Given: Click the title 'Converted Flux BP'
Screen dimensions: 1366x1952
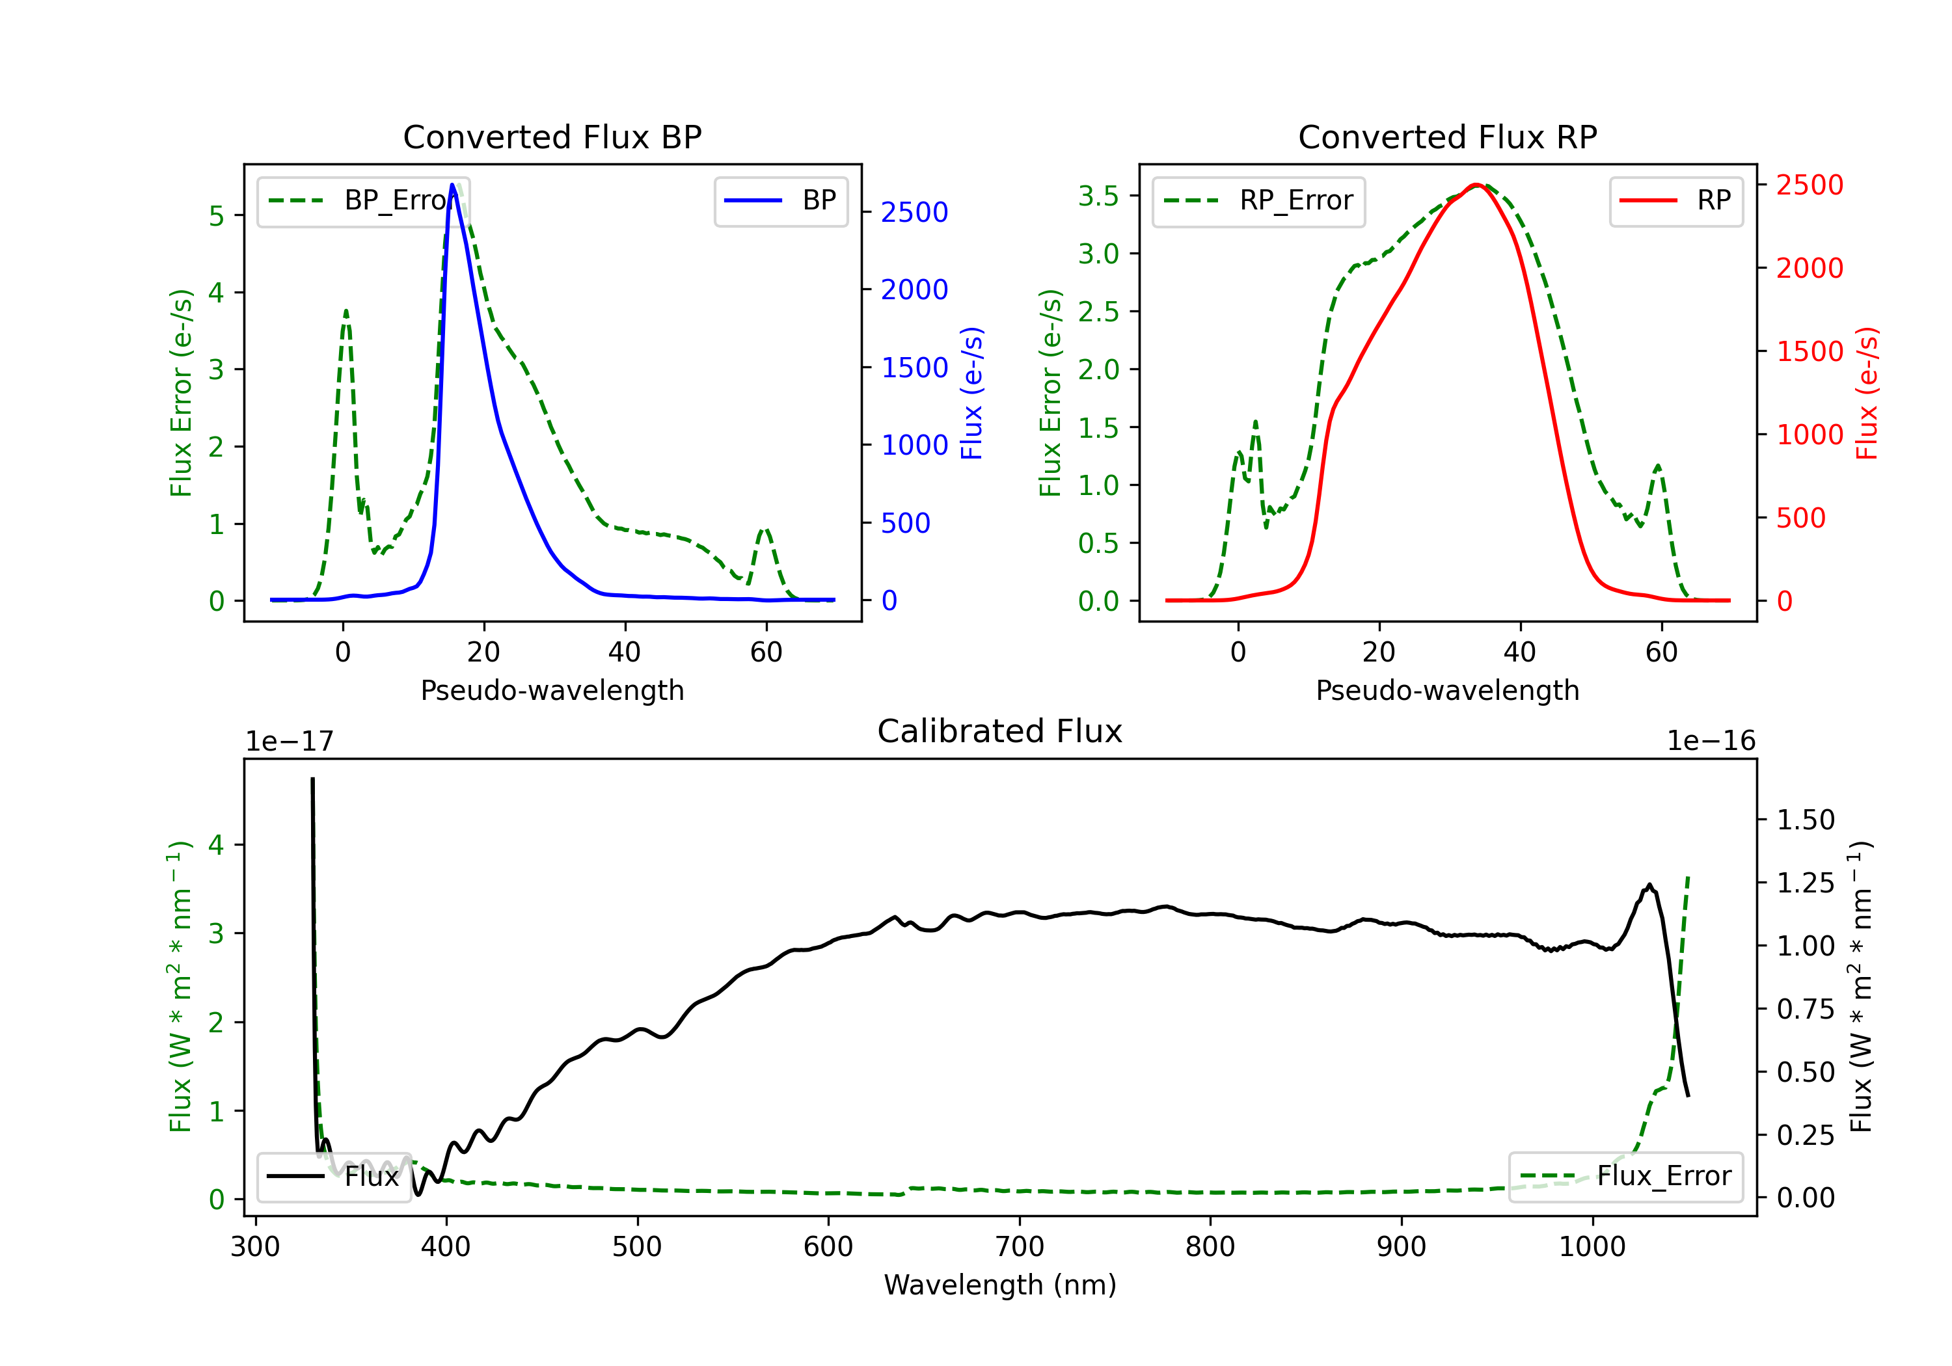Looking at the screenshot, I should tap(552, 137).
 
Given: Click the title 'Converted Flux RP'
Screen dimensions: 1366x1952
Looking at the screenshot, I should tap(1447, 137).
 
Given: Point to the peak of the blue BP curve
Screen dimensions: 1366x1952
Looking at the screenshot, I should tap(453, 185).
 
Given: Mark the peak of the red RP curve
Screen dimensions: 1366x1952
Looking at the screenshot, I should tap(1477, 185).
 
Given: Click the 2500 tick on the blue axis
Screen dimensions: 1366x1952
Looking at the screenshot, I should tap(914, 213).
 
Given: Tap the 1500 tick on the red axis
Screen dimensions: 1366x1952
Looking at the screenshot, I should tap(1809, 351).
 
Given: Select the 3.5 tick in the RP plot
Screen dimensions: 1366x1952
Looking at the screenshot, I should tap(1098, 196).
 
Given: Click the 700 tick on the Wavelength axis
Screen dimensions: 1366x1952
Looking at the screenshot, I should tap(1020, 1246).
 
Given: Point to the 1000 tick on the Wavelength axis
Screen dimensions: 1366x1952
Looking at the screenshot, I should tap(1592, 1246).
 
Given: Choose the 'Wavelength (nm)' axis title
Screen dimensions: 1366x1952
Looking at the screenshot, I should tap(1000, 1285).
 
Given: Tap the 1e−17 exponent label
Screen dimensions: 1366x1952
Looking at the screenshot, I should tap(289, 742).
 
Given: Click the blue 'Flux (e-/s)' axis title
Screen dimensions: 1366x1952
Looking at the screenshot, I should tap(971, 393).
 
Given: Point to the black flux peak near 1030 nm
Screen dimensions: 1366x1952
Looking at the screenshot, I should tap(1649, 885).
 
